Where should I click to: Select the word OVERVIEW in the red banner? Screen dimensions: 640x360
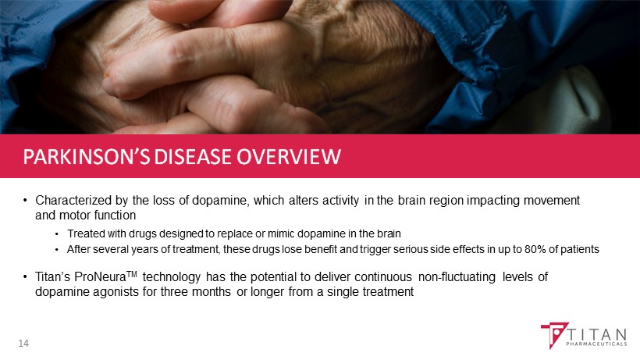[x=289, y=157]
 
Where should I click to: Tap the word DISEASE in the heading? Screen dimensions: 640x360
[x=194, y=157]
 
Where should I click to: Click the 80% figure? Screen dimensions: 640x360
[x=535, y=249]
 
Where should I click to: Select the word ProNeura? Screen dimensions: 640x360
[x=100, y=277]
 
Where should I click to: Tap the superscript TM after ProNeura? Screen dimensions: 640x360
[x=131, y=274]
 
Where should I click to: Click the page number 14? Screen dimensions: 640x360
[x=23, y=344]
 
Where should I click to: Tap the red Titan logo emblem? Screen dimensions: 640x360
[x=554, y=334]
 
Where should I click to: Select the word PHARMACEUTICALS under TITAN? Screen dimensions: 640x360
[x=596, y=344]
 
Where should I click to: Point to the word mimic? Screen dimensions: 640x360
[x=280, y=233]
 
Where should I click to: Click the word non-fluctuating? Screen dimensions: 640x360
[x=457, y=277]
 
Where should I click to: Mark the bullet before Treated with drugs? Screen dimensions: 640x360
[x=57, y=234]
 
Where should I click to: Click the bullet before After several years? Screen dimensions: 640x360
[x=57, y=250]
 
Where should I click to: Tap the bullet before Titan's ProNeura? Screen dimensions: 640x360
[x=25, y=277]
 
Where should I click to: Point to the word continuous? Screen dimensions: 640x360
[x=383, y=277]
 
